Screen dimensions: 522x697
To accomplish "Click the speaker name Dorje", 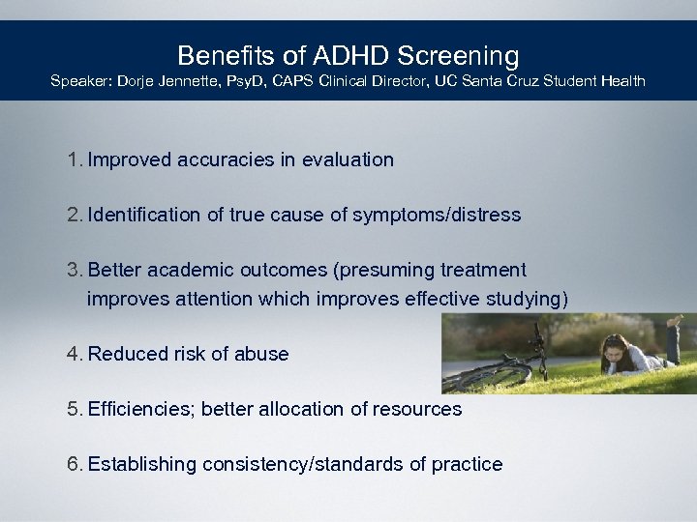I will pyautogui.click(x=140, y=81).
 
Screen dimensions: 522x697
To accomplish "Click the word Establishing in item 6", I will pyautogui.click(x=142, y=464).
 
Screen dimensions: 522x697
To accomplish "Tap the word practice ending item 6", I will pyautogui.click(x=468, y=464).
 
